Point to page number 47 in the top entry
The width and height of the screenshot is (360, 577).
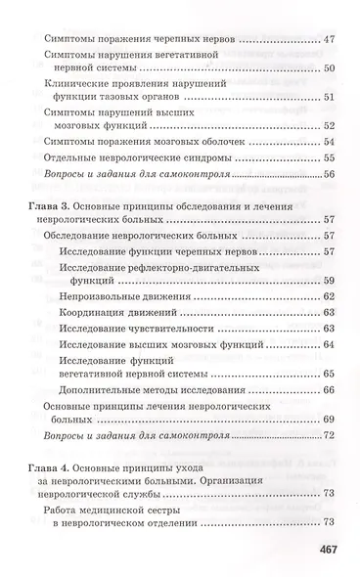328,39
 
